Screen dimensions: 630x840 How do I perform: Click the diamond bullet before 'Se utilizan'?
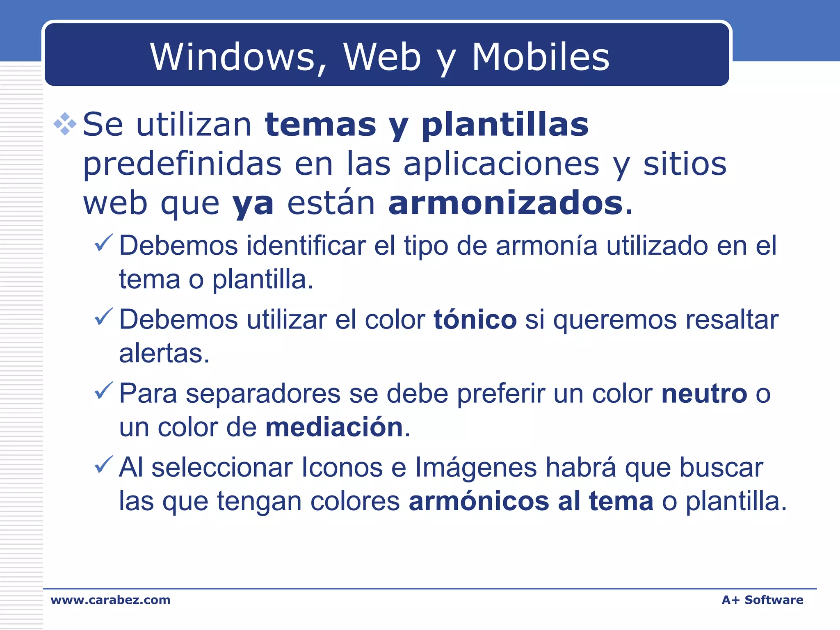pos(65,123)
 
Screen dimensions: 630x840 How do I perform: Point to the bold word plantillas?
pos(505,125)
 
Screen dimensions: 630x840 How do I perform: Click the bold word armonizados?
pos(506,203)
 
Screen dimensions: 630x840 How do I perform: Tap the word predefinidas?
pos(182,164)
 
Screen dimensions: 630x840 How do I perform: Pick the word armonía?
pos(546,246)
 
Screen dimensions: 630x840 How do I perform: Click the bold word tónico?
pos(475,320)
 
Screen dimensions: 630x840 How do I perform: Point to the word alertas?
pos(164,353)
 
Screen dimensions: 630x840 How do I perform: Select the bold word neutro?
pos(704,394)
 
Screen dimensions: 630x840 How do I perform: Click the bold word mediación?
pos(334,427)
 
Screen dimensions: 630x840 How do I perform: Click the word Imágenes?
pos(476,468)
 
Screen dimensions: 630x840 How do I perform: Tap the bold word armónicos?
pos(479,501)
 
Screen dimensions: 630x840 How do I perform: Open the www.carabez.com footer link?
pos(110,600)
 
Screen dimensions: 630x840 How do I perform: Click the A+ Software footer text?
pos(762,600)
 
